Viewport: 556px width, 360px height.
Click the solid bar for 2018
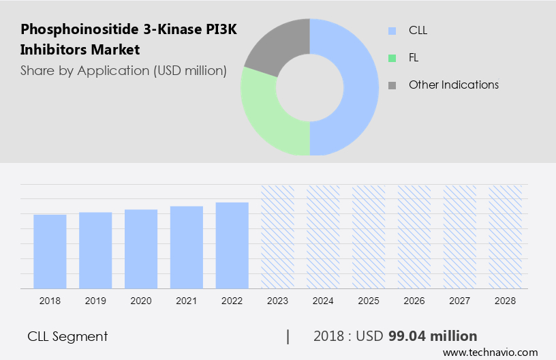(x=50, y=252)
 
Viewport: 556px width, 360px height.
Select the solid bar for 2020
(x=141, y=249)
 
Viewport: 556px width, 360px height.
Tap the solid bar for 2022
(x=232, y=245)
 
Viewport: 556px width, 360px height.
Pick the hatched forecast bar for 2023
(x=278, y=237)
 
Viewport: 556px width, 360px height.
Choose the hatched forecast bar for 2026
(x=414, y=237)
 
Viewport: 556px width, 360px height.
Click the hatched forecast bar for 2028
(x=506, y=237)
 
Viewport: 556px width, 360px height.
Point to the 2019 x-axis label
(x=95, y=301)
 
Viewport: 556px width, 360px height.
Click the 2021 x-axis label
(x=187, y=301)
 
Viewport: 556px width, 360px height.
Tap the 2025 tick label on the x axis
(x=369, y=301)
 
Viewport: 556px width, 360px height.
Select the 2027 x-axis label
(x=460, y=301)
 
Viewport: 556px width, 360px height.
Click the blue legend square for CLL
(x=392, y=31)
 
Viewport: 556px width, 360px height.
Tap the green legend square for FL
(x=392, y=58)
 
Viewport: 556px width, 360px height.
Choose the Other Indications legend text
(x=454, y=85)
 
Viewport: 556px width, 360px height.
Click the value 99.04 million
(x=433, y=336)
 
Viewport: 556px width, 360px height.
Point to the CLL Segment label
(x=67, y=336)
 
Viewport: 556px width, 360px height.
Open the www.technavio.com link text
(x=490, y=352)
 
